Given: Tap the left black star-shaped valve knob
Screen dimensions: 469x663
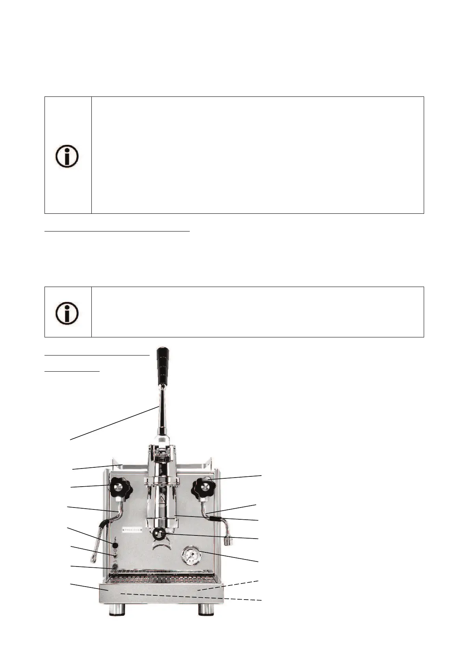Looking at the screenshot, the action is pos(119,489).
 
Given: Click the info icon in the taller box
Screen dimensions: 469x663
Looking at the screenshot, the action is pos(67,157).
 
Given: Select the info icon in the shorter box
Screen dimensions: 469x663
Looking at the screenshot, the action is pos(67,313).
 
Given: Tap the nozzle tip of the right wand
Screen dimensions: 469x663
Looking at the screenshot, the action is pos(228,542).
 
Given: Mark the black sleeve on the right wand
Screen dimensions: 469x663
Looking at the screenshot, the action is pos(215,519).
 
